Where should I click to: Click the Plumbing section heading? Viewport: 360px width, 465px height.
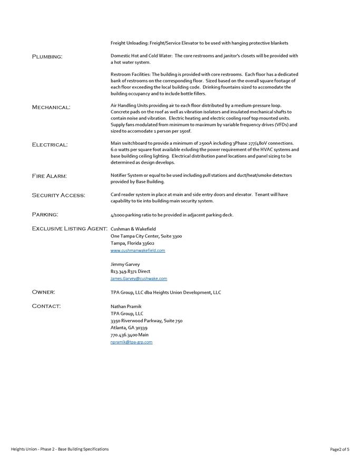[47, 56]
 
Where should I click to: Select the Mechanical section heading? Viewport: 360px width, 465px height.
[51, 107]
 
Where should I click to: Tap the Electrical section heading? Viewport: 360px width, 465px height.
[50, 145]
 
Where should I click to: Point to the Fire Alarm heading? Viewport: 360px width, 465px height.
[49, 176]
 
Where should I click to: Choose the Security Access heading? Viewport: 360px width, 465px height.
[58, 195]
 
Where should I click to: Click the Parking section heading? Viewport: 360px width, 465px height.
[45, 215]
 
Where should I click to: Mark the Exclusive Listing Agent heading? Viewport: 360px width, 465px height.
[70, 229]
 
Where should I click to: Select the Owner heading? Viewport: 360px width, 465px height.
[43, 292]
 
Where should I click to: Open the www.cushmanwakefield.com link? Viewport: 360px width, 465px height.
[138, 251]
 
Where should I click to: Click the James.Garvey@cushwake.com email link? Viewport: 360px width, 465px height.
[139, 279]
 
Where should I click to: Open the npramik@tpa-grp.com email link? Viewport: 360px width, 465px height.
[131, 342]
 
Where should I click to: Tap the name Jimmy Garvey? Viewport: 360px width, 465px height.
[125, 264]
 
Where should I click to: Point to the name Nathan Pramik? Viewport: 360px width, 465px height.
[126, 306]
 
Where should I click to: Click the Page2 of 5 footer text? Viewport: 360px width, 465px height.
[339, 449]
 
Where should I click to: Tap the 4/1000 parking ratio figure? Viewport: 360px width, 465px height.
[120, 215]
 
